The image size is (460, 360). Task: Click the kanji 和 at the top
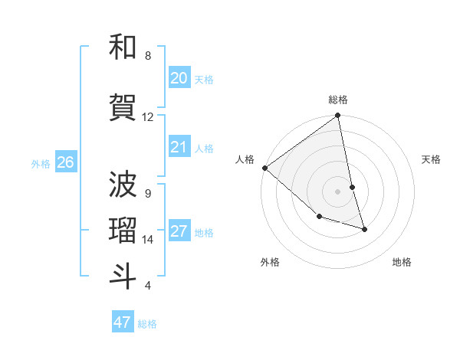(x=123, y=47)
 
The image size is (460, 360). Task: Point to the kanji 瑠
(x=123, y=230)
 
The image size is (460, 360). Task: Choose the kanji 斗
(x=123, y=277)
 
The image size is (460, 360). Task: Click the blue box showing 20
(x=179, y=78)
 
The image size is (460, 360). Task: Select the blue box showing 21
(x=179, y=147)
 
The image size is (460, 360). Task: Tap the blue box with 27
(x=179, y=231)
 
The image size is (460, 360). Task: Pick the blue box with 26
(x=66, y=162)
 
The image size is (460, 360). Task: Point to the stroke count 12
(x=147, y=117)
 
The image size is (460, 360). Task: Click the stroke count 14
(x=147, y=240)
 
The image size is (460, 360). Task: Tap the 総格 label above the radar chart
(x=338, y=100)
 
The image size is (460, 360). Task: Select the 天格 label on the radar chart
(x=431, y=159)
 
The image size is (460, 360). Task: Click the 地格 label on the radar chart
(x=402, y=263)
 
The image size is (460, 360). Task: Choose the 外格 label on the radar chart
(x=270, y=263)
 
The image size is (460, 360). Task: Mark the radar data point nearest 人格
(x=264, y=168)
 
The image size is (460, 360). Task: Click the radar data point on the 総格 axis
(x=338, y=116)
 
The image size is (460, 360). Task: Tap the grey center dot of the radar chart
(x=338, y=191)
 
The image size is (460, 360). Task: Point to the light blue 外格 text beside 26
(x=41, y=162)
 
